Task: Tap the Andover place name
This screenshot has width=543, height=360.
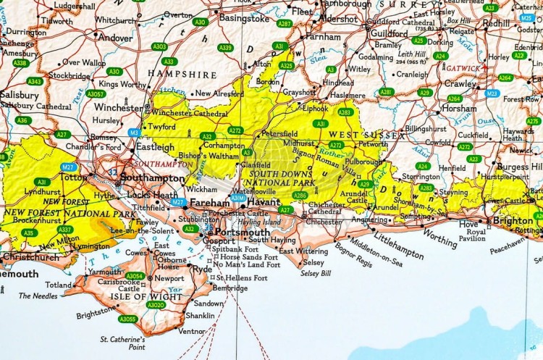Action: click(x=116, y=38)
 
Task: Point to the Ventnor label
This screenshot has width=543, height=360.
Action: click(x=192, y=331)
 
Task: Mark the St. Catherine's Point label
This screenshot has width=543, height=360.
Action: click(x=122, y=342)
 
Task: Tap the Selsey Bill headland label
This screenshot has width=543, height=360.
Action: click(x=316, y=273)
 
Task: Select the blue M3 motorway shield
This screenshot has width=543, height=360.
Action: click(x=134, y=133)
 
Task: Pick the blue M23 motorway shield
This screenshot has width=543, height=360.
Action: click(x=492, y=93)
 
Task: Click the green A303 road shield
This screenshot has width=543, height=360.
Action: click(x=159, y=46)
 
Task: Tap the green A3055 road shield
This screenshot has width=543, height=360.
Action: click(x=128, y=319)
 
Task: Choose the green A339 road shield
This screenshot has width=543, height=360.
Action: click(x=225, y=48)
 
